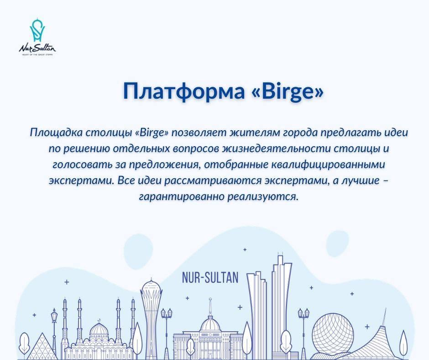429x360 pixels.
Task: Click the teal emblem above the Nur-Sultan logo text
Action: click(x=37, y=30)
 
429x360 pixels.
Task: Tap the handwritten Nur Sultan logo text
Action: click(x=37, y=48)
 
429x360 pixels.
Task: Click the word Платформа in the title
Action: click(x=184, y=91)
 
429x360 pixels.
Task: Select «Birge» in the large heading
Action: click(x=287, y=91)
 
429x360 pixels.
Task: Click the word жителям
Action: click(x=254, y=132)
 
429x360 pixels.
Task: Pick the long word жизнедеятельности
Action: click(x=276, y=149)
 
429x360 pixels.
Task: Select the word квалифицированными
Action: click(x=328, y=165)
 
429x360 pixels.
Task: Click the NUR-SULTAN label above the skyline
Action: click(x=210, y=277)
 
